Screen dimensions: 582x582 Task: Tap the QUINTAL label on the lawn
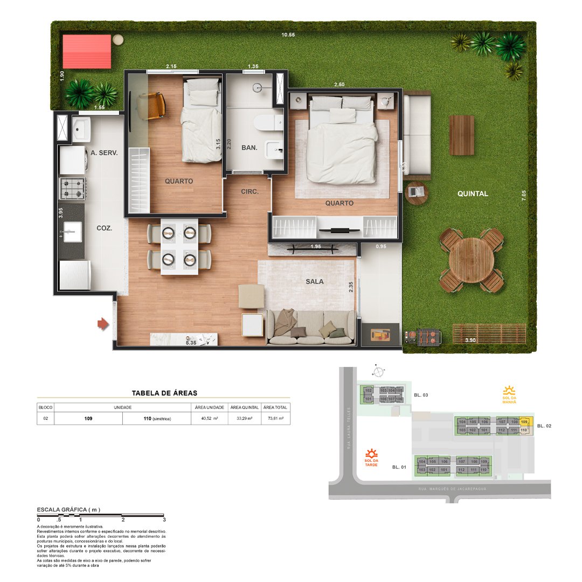point(473,193)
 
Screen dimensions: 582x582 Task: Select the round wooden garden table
point(472,260)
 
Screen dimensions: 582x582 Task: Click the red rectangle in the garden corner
point(87,52)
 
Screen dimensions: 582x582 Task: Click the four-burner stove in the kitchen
point(72,189)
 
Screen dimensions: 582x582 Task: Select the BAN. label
point(250,148)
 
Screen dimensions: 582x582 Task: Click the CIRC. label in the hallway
point(250,191)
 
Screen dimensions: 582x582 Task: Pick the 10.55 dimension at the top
point(288,36)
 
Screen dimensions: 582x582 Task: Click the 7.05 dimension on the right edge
point(523,195)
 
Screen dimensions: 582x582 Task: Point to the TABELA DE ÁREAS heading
point(164,393)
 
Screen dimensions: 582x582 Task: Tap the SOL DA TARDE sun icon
point(371,454)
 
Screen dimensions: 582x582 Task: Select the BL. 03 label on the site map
point(421,395)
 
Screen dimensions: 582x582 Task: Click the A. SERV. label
point(104,153)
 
